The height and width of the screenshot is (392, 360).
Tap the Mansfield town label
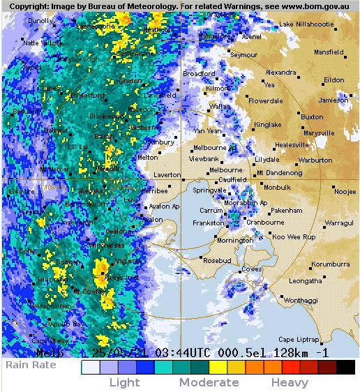329,52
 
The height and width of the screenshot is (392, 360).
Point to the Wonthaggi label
300,300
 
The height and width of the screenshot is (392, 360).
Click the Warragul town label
339,223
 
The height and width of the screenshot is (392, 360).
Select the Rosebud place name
216,261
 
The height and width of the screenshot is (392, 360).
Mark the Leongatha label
306,281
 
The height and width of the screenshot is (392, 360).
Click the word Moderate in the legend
209,382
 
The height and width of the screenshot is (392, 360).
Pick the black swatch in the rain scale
347,367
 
